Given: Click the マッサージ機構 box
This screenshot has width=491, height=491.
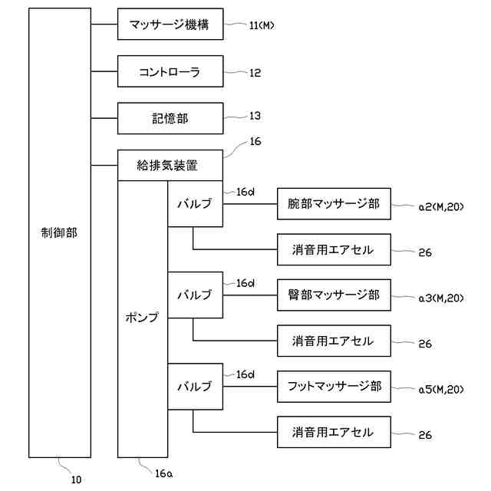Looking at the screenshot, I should tap(170, 25).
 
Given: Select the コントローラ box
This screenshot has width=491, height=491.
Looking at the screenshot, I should tap(170, 71).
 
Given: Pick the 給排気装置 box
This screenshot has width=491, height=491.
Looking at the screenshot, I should tap(170, 164).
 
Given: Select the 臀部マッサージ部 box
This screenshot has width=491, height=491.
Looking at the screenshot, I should tap(334, 295).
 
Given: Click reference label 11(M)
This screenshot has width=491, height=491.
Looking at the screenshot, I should tap(262, 25).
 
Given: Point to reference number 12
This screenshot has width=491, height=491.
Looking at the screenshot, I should tap(255, 73).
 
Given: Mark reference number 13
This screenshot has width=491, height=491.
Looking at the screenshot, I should tap(255, 116).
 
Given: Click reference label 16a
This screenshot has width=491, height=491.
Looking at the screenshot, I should tap(163, 473).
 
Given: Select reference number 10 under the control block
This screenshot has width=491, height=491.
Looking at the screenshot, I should tap(76, 479).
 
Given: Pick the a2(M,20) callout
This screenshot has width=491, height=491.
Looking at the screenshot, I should tap(441, 206).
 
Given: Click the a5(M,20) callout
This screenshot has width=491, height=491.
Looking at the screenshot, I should tap(441, 389).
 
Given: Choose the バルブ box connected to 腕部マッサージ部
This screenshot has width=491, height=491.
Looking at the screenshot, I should tap(195, 204).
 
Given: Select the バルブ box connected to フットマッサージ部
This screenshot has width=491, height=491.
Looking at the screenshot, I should tap(195, 387).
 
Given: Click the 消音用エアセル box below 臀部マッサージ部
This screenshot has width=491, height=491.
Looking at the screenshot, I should tap(334, 341).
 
